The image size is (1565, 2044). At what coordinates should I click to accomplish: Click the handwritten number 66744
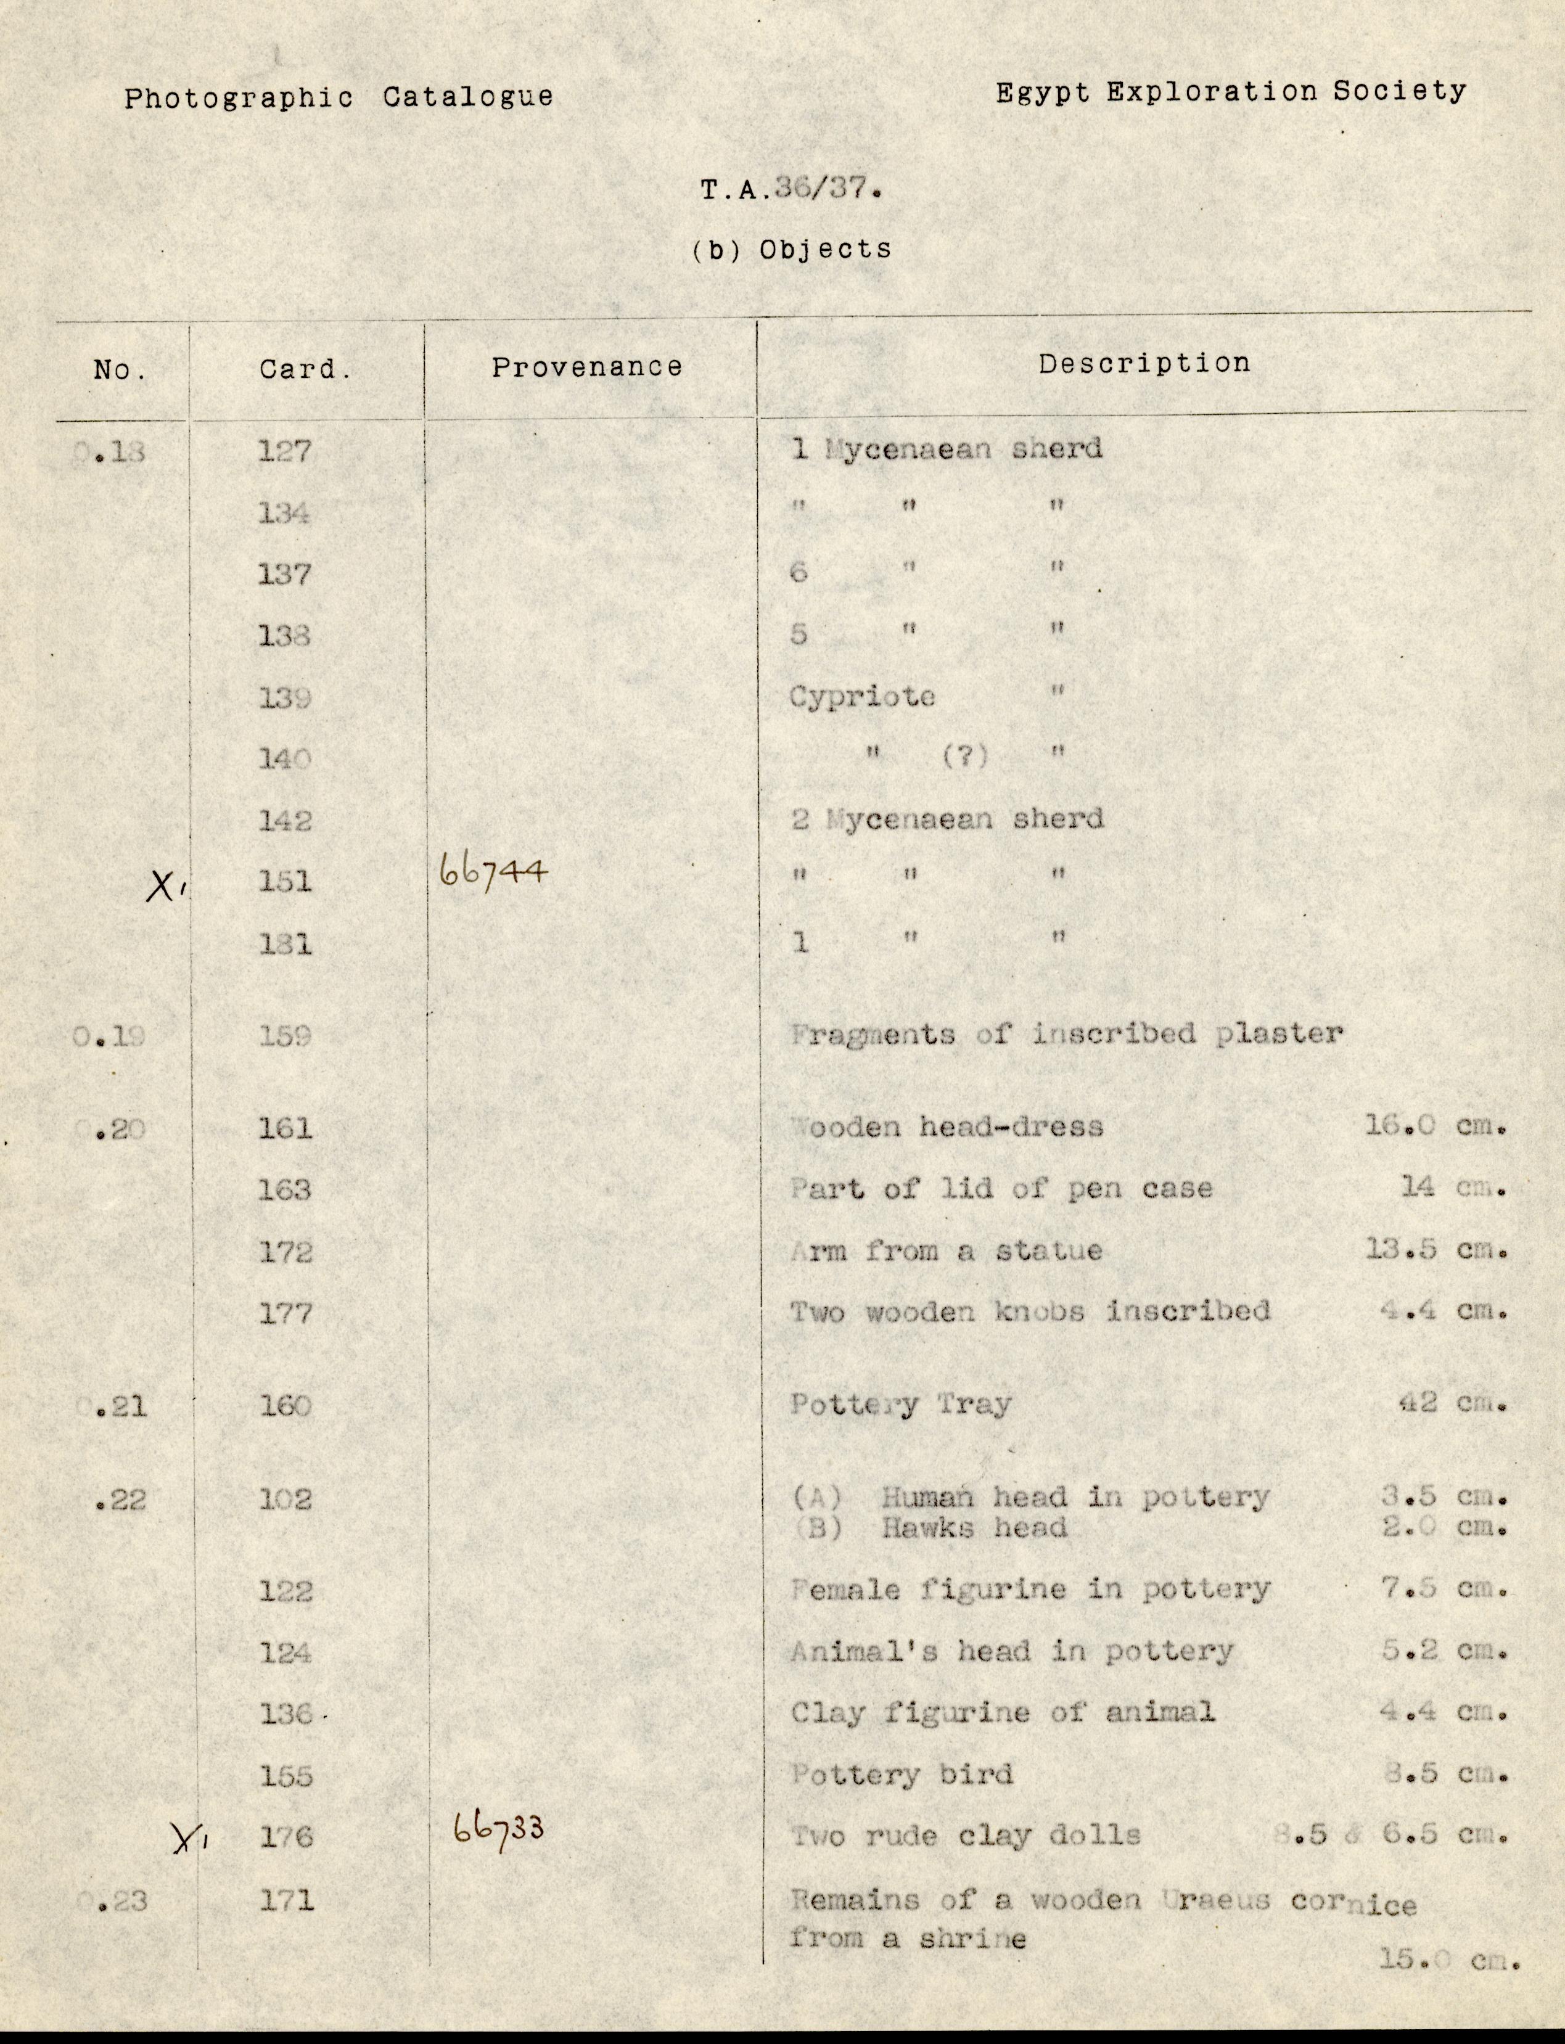click(x=493, y=873)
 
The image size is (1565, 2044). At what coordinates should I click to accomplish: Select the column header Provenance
click(x=587, y=367)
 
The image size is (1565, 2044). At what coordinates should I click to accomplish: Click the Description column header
click(x=1144, y=363)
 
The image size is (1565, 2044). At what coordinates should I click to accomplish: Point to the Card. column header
click(x=305, y=370)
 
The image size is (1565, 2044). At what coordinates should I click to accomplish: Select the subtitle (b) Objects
click(x=791, y=250)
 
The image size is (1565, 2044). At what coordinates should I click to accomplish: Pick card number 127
click(x=285, y=451)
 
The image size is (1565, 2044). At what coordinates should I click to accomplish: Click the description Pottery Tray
click(x=900, y=1404)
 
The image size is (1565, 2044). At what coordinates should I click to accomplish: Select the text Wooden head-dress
click(x=947, y=1127)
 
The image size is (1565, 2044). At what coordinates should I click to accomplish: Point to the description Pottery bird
click(x=901, y=1774)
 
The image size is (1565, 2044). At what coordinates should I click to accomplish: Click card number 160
click(x=285, y=1405)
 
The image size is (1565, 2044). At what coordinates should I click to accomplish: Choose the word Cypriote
click(x=861, y=697)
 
